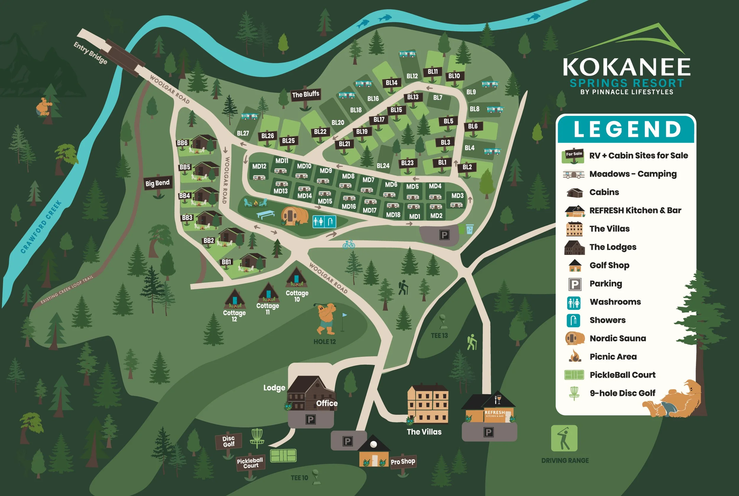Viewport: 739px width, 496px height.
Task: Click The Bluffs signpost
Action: pyautogui.click(x=305, y=94)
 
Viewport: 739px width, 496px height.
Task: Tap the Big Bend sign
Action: pyautogui.click(x=158, y=183)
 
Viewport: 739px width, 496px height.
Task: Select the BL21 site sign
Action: pyautogui.click(x=344, y=144)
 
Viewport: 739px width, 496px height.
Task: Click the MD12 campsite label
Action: pyautogui.click(x=259, y=166)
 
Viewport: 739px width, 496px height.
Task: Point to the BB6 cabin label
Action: pyautogui.click(x=182, y=143)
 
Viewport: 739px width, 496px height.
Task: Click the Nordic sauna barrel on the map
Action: pyautogui.click(x=294, y=216)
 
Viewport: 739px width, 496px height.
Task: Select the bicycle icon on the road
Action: pyautogui.click(x=349, y=244)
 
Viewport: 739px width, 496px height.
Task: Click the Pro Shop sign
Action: pyautogui.click(x=403, y=461)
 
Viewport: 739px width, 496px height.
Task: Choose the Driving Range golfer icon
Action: pyautogui.click(x=564, y=438)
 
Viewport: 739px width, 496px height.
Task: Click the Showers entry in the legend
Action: pyautogui.click(x=607, y=320)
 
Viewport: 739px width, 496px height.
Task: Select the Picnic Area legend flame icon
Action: pyautogui.click(x=574, y=356)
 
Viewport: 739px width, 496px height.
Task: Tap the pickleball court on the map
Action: pyautogui.click(x=283, y=456)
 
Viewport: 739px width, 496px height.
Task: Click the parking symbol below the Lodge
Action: pyautogui.click(x=310, y=419)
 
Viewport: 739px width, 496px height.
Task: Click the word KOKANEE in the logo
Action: pyautogui.click(x=626, y=67)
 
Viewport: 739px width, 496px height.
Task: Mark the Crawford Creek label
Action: pyautogui.click(x=41, y=227)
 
